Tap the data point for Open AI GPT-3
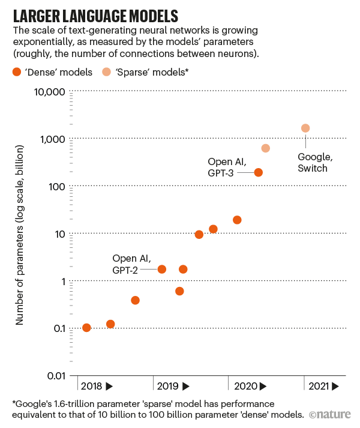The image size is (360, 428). tap(259, 172)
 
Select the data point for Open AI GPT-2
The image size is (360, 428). tap(161, 269)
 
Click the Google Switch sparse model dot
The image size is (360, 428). tap(305, 128)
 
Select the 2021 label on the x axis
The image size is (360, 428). tap(325, 386)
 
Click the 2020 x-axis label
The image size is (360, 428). tap(248, 386)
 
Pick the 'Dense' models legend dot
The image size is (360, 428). tap(17, 73)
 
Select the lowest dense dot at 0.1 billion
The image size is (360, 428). tap(86, 328)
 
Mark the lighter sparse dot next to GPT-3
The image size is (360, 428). tap(266, 148)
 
